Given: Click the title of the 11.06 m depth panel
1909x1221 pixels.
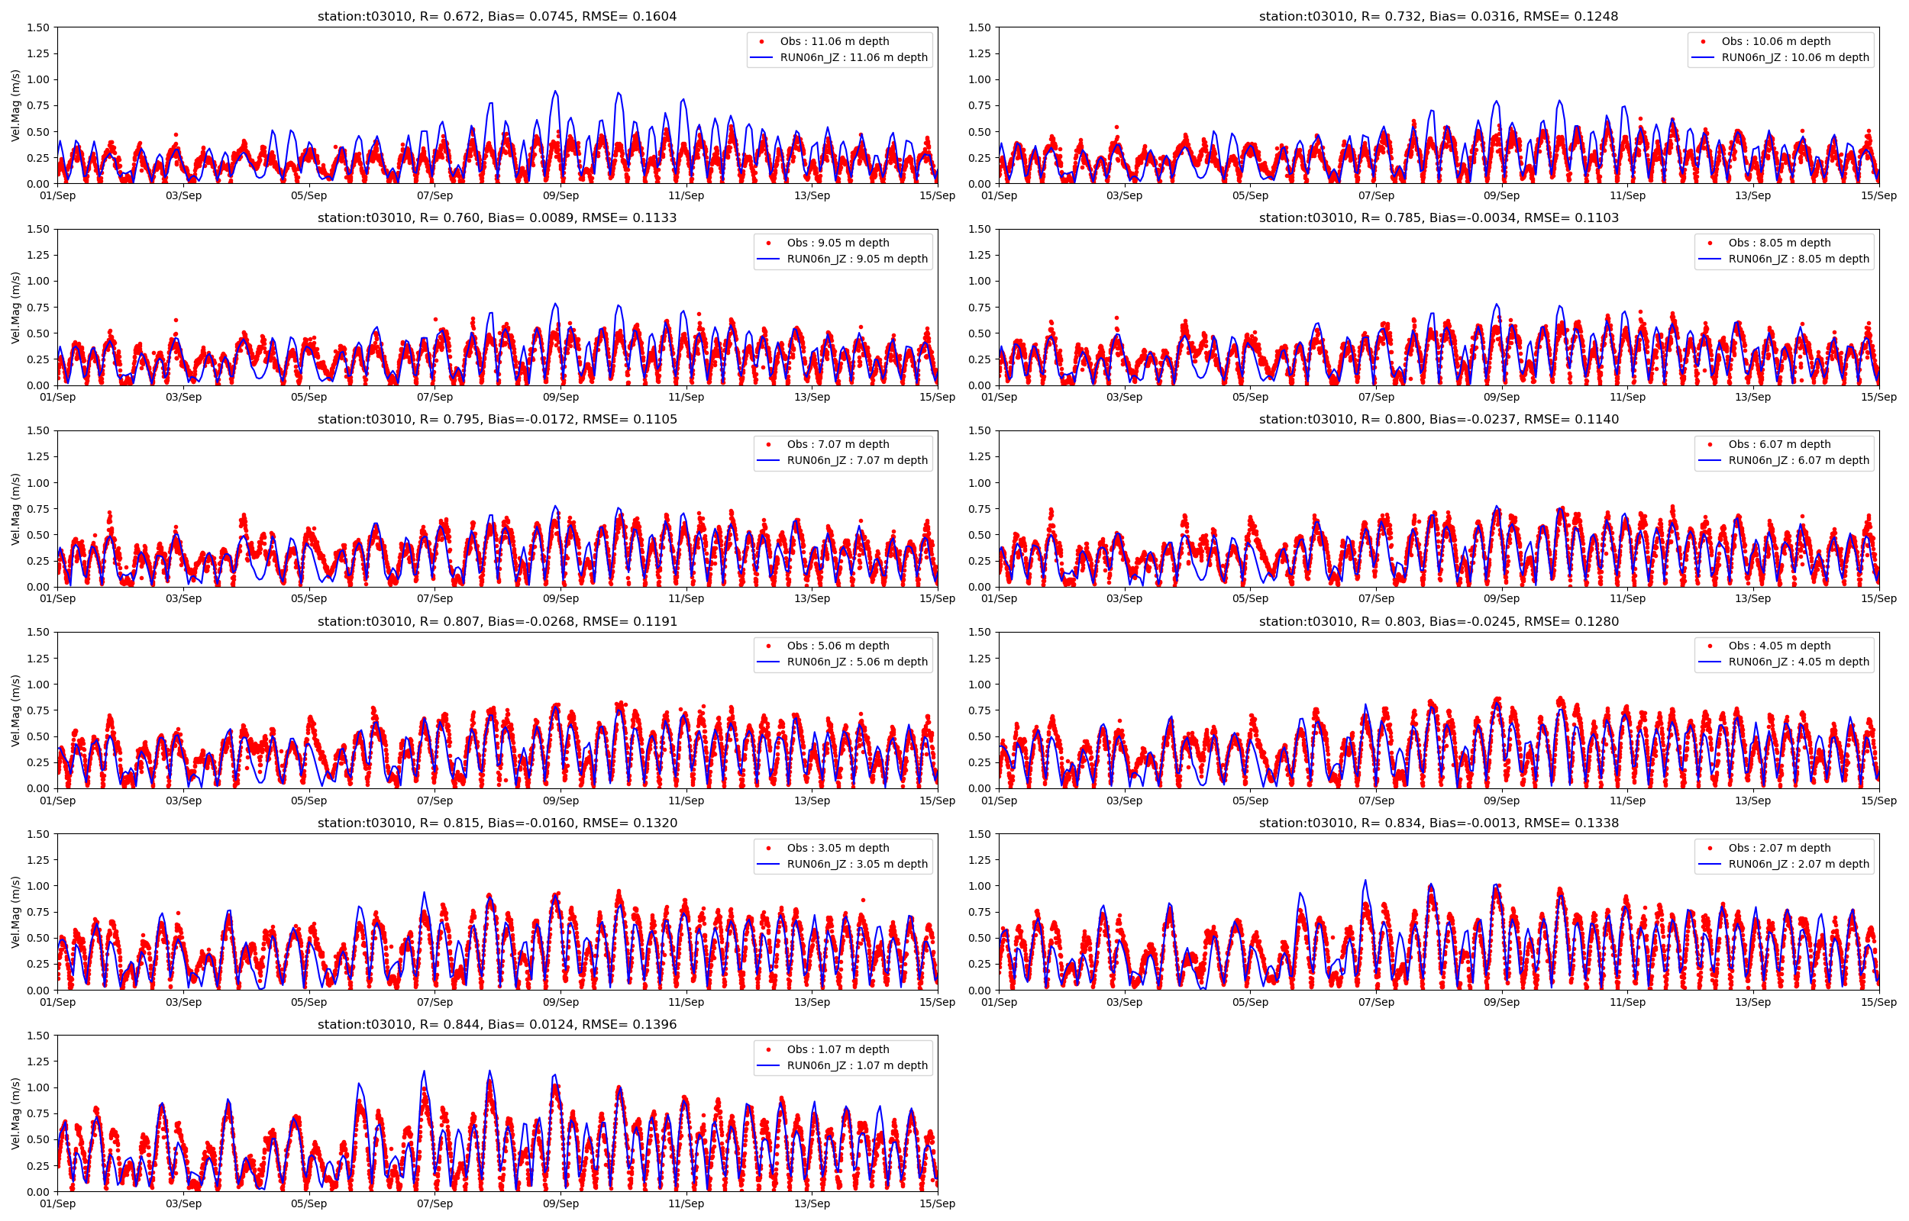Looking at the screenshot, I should pos(496,17).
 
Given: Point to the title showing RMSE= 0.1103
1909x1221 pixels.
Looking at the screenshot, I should pos(1439,218).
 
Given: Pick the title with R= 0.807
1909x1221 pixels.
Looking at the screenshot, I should pos(497,622).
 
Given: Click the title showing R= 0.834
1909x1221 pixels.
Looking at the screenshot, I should pos(1439,823).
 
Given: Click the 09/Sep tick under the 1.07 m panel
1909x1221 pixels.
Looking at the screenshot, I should pos(560,1203).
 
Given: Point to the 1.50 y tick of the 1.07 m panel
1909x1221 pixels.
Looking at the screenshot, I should pos(38,1036).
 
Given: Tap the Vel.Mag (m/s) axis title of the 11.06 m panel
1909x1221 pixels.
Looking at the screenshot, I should pos(16,105).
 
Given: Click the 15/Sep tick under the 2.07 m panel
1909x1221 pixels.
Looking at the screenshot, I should pos(1879,1002).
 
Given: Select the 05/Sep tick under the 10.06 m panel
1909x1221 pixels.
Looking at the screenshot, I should pos(1250,196).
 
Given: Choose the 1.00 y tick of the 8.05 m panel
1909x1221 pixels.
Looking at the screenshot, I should pos(980,281).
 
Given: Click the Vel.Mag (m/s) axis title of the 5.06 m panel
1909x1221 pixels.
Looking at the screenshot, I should pos(16,710).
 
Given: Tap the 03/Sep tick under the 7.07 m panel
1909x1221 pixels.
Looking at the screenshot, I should pos(183,598).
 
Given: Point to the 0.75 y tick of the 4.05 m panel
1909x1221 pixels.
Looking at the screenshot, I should pos(980,710).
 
